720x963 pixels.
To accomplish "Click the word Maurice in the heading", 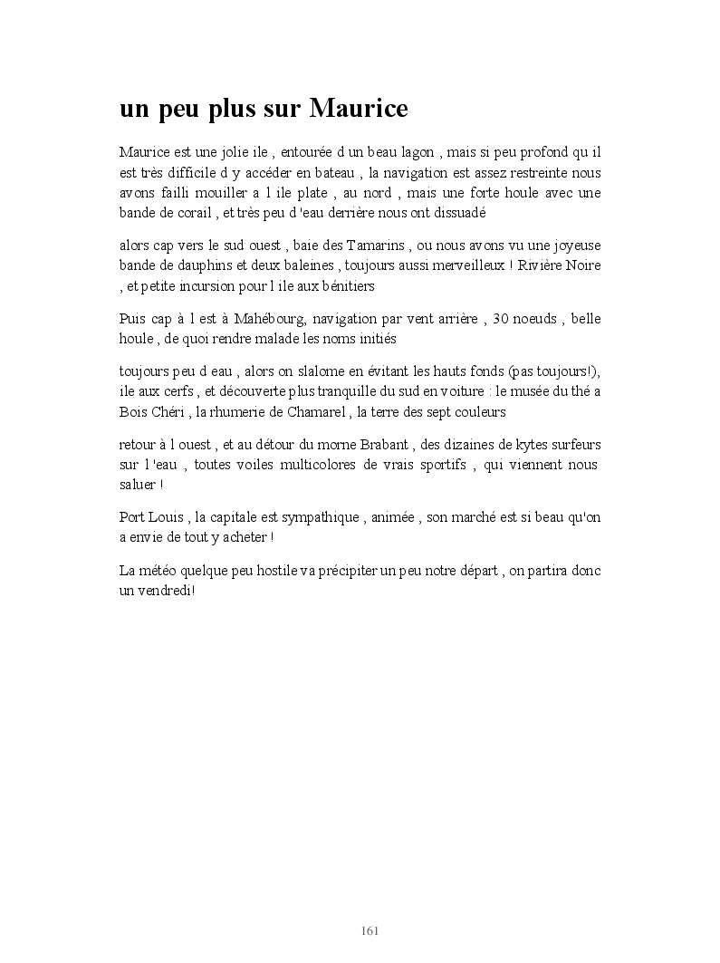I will click(359, 109).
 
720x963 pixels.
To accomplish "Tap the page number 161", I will click(369, 930).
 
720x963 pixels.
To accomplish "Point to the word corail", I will click(189, 214).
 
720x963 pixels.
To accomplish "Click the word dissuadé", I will click(458, 214).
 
